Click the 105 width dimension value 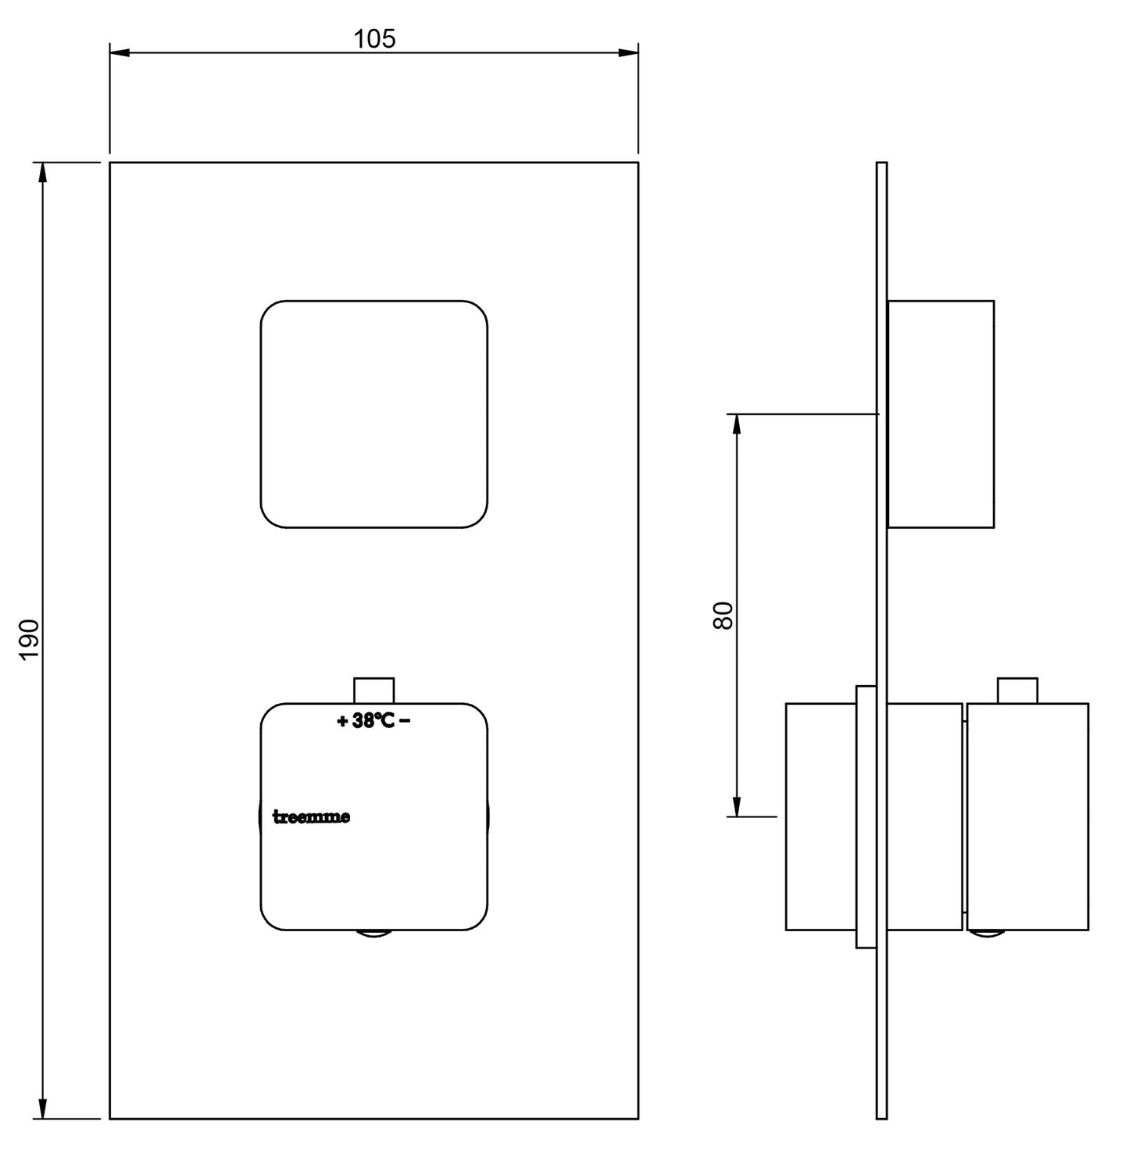click(x=374, y=38)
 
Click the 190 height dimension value click(x=29, y=639)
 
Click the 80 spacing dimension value click(x=723, y=616)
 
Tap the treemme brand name click(x=311, y=817)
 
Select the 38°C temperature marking click(x=373, y=721)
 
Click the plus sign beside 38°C click(x=342, y=722)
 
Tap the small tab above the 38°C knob click(x=374, y=691)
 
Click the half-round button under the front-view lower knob click(x=374, y=934)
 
